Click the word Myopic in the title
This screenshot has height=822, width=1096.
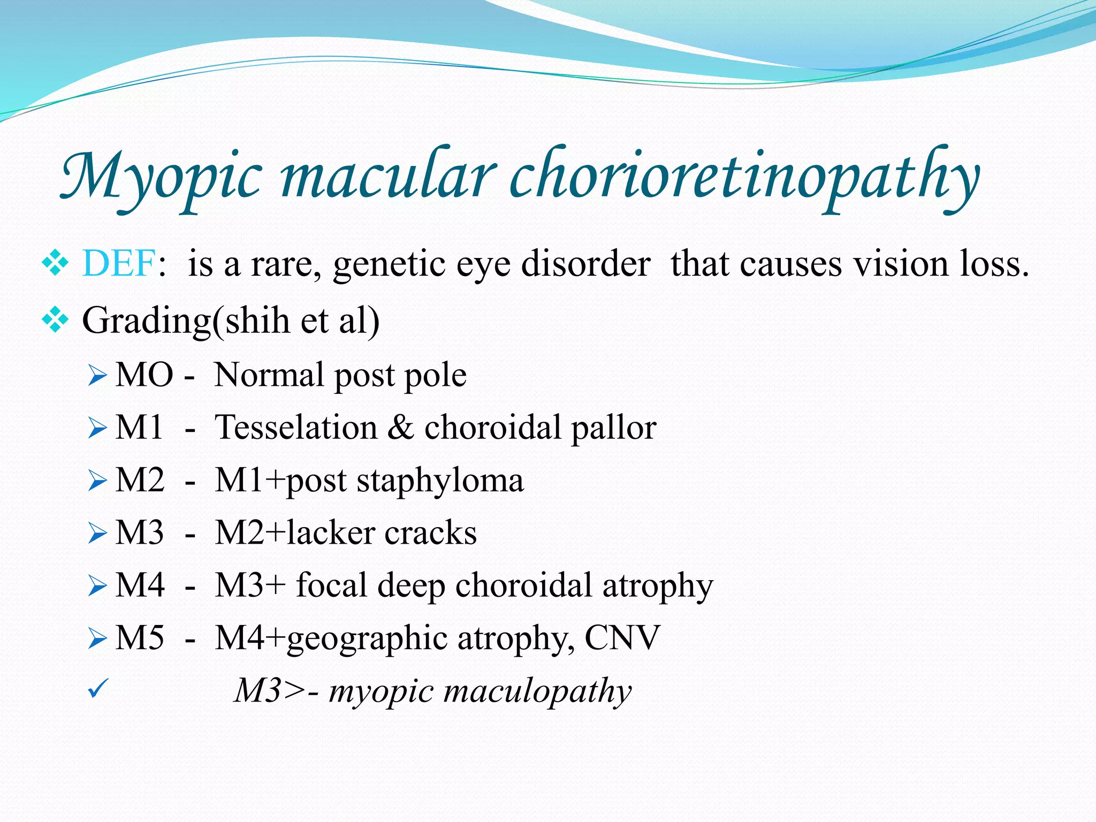161,177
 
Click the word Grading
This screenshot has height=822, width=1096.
147,321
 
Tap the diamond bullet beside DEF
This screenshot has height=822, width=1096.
55,263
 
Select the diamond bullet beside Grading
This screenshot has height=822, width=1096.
55,321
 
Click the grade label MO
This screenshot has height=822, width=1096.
144,375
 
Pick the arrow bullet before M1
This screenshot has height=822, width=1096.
97,429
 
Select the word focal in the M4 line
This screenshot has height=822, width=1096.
332,585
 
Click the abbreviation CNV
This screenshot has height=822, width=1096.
622,637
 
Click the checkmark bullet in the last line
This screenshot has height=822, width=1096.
97,689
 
